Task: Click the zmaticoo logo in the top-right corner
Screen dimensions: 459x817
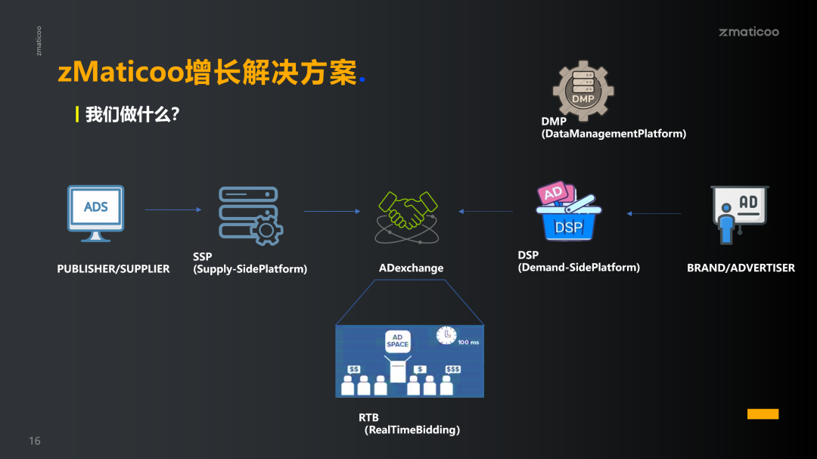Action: [x=748, y=32]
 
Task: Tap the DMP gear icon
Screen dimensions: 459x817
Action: [x=582, y=91]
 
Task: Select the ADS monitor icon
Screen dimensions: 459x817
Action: [x=95, y=212]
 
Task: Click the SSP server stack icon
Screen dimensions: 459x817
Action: [x=250, y=216]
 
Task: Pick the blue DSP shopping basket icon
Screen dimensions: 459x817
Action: [x=568, y=213]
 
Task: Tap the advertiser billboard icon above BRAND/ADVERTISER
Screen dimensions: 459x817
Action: [x=740, y=214]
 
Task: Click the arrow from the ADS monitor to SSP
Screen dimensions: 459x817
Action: [x=173, y=209]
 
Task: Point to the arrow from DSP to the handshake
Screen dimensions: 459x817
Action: [x=486, y=212]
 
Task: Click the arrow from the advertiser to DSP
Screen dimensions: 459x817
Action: [x=654, y=213]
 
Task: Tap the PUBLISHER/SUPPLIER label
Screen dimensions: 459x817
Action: [x=113, y=268]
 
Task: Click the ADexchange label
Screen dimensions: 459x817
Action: [x=411, y=268]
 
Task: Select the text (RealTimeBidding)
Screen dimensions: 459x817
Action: [x=412, y=430]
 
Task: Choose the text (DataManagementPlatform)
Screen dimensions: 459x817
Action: [x=614, y=133]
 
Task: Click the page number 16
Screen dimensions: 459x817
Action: [x=35, y=441]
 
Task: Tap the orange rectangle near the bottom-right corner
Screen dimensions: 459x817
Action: [x=763, y=414]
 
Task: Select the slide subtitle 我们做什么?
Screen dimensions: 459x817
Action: [x=132, y=115]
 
